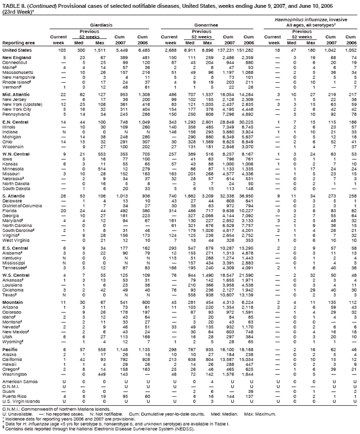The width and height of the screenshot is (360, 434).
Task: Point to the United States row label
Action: point(17,50)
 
